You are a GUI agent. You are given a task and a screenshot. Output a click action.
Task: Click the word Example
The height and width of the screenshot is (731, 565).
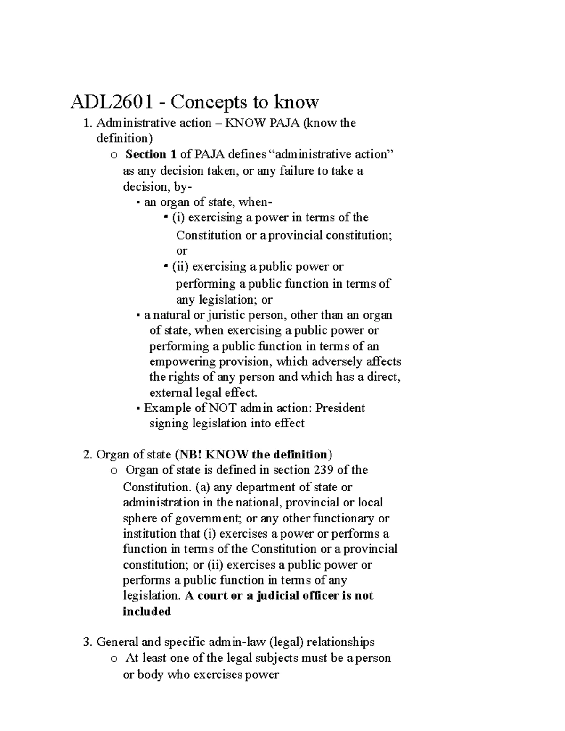[x=164, y=408]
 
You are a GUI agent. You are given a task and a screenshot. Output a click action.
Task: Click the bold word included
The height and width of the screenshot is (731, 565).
[x=146, y=611]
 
